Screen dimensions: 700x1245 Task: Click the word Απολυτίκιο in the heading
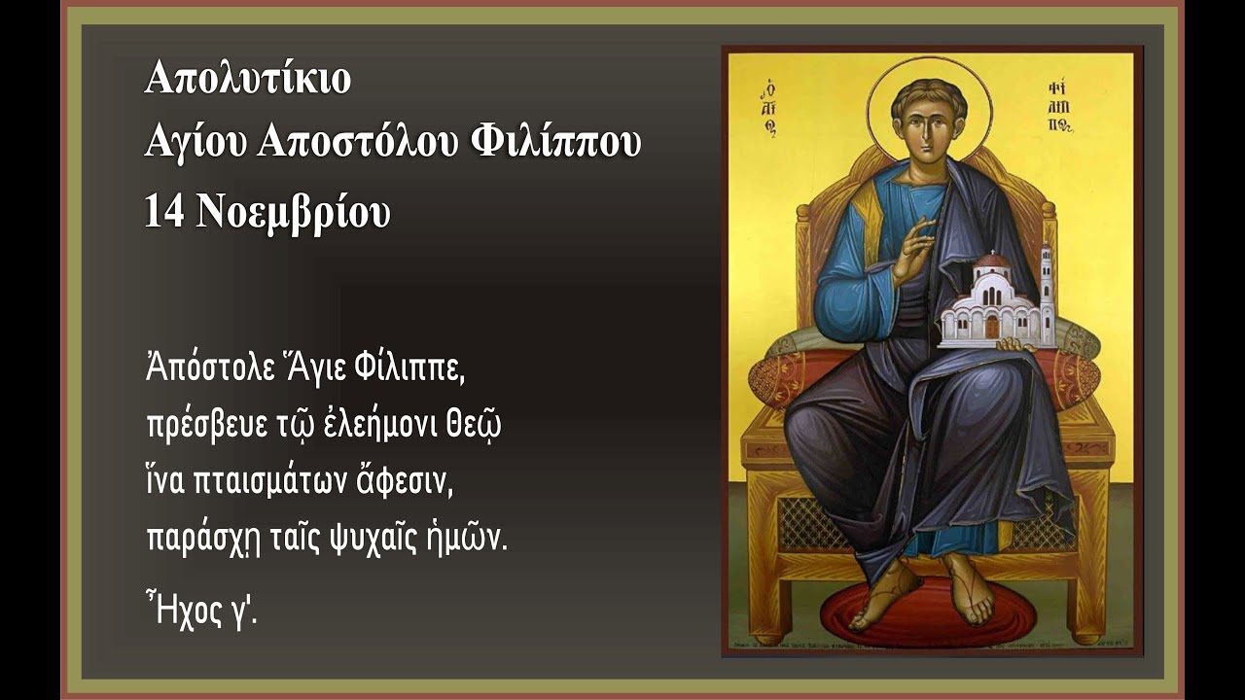click(248, 78)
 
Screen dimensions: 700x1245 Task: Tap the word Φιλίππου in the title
click(555, 143)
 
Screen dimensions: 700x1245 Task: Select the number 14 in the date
click(164, 213)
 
